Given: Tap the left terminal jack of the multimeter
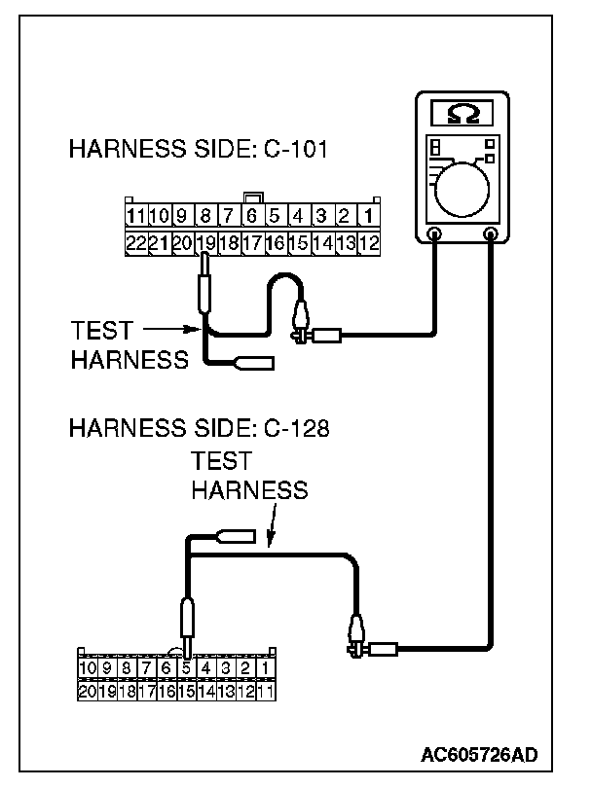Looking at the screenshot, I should [x=435, y=234].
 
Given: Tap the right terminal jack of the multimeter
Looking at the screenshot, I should [x=491, y=234].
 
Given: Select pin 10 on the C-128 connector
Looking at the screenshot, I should [x=88, y=667].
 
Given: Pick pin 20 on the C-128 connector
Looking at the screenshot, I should [x=88, y=692].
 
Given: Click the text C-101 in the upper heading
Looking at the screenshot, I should [x=292, y=151].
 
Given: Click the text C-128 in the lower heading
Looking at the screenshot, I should [x=292, y=428].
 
